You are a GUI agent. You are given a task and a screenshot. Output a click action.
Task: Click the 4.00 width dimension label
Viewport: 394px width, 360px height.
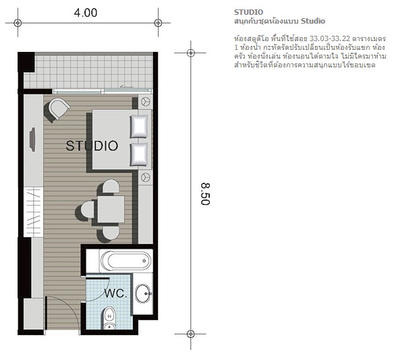coord(86,13)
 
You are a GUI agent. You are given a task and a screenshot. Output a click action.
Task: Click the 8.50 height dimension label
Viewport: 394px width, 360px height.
coord(205,194)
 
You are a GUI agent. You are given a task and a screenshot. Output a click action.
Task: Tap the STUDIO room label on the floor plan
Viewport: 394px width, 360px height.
coord(92,146)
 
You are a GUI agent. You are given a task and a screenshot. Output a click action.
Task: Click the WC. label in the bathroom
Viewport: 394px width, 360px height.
coord(115,293)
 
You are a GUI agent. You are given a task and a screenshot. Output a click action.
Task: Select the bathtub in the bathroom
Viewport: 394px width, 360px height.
coord(125,261)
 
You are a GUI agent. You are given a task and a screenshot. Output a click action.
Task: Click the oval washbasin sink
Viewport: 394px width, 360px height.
coord(143,293)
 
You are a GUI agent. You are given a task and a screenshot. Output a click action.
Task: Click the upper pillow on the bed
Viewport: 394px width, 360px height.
coord(138,127)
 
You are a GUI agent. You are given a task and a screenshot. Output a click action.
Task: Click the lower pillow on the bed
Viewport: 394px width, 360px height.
coord(138,154)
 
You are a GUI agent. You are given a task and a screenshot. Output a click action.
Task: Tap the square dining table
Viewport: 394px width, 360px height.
coord(111,210)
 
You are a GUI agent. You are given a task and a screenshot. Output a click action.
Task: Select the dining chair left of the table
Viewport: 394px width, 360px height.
coord(88,210)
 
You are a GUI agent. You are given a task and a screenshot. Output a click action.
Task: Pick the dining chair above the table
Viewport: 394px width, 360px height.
coord(111,186)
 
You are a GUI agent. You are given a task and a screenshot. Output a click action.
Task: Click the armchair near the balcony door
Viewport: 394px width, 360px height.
coord(58,109)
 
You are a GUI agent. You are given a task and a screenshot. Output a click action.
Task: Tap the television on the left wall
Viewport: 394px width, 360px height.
coord(32,140)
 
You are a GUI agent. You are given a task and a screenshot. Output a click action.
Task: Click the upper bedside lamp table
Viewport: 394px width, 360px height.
coord(145,102)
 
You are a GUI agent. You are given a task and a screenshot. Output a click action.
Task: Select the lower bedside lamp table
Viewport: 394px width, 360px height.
coord(145,177)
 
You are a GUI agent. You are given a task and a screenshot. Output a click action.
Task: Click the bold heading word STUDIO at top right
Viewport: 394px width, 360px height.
coord(248,12)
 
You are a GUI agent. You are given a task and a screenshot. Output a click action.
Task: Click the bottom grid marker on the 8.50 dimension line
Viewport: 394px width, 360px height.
coord(191,334)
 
